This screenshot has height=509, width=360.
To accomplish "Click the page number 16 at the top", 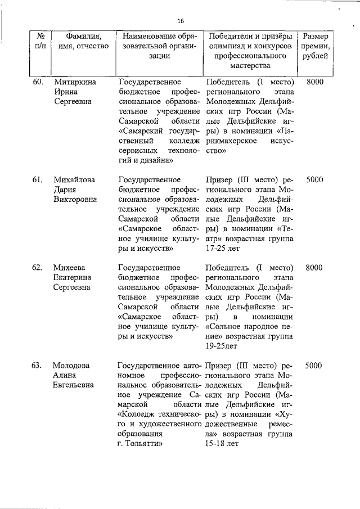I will pos(181,21).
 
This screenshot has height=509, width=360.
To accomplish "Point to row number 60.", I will pos(38,82).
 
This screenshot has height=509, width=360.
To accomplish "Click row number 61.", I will pos(38,180).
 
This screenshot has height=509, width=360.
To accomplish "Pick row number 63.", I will pos(38,366).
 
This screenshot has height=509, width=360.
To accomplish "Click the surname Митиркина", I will pos(75,82).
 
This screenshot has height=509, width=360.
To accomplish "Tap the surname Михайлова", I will pos(75,180).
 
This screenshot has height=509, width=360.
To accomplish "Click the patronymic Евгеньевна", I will pos(74,385).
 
